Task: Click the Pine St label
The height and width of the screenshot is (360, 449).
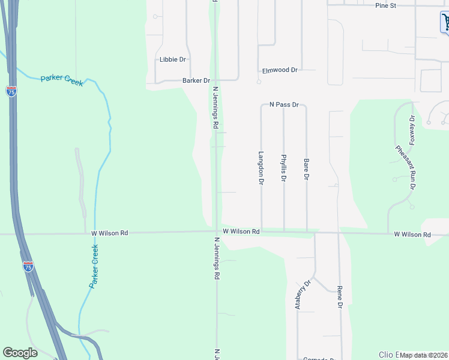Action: coord(386,5)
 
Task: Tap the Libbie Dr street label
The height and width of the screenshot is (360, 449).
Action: coord(172,59)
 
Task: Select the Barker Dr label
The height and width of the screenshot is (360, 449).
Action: coord(196,80)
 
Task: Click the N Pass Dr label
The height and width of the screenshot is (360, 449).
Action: coord(284,104)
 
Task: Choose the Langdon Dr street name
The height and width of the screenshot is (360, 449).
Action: coord(261,167)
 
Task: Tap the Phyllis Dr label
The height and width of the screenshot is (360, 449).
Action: coord(284,168)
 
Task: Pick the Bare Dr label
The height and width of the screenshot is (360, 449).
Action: coord(306,170)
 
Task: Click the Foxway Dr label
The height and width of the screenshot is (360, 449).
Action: coord(412,130)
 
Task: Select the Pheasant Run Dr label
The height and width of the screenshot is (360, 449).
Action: coord(405,168)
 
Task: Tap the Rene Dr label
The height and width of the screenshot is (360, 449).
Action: coord(340,297)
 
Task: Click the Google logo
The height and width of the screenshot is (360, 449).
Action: coord(20,353)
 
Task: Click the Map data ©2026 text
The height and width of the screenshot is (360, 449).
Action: coord(424,355)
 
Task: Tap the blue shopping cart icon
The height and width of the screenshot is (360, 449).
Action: coord(445,22)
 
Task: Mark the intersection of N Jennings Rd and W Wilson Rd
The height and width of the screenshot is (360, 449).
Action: coord(215,232)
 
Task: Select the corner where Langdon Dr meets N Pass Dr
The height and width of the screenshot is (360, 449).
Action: coord(261,106)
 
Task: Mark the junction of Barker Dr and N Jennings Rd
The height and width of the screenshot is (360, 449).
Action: coord(215,80)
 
